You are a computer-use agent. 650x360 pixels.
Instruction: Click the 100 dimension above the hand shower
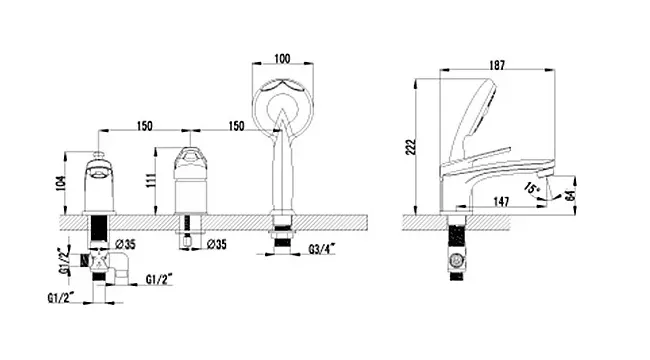282,58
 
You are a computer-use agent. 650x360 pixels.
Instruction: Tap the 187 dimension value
497,65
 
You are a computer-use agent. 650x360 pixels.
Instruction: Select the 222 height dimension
410,147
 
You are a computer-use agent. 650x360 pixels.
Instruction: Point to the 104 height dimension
61,183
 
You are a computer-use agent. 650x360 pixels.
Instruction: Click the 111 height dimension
151,180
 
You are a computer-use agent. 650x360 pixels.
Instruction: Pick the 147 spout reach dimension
501,202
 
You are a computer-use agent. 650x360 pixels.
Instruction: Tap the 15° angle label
532,188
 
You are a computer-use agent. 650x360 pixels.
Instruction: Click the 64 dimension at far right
570,195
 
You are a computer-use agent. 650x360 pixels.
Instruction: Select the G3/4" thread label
322,249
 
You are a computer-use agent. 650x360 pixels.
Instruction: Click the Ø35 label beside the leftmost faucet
125,244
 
